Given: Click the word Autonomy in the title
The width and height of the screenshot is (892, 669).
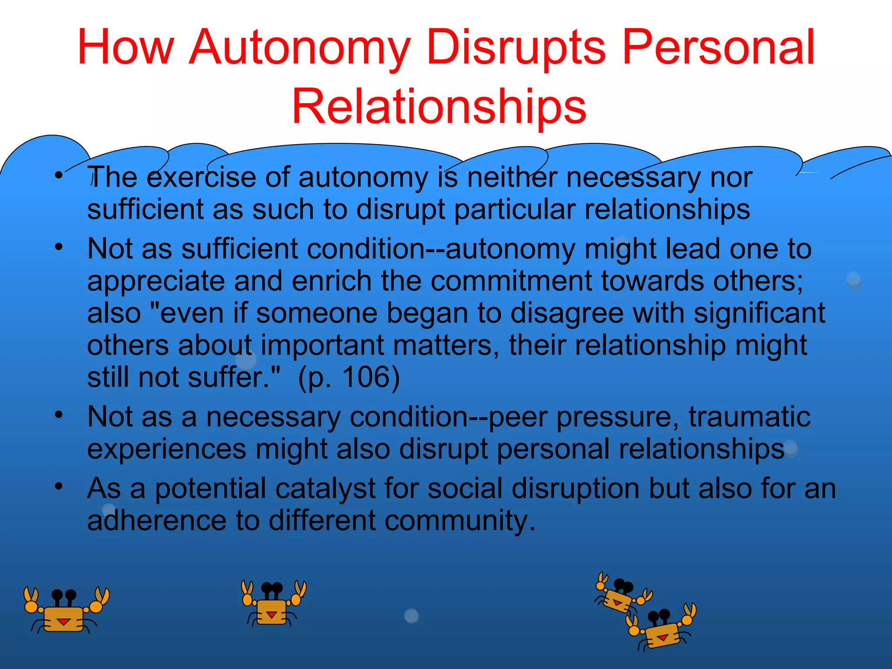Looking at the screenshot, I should click(x=300, y=47).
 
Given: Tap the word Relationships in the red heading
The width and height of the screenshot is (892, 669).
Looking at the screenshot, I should click(x=439, y=106).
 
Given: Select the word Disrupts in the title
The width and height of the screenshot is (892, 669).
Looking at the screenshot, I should click(x=516, y=47).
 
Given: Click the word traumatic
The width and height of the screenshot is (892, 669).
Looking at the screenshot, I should click(x=749, y=417).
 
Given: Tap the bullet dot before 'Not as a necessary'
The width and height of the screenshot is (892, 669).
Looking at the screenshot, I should click(x=59, y=414).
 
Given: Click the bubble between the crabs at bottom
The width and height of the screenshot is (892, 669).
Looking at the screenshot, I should click(x=411, y=615).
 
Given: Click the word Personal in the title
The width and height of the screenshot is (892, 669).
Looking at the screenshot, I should click(x=718, y=47).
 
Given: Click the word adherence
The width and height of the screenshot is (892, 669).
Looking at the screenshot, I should click(x=157, y=520).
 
